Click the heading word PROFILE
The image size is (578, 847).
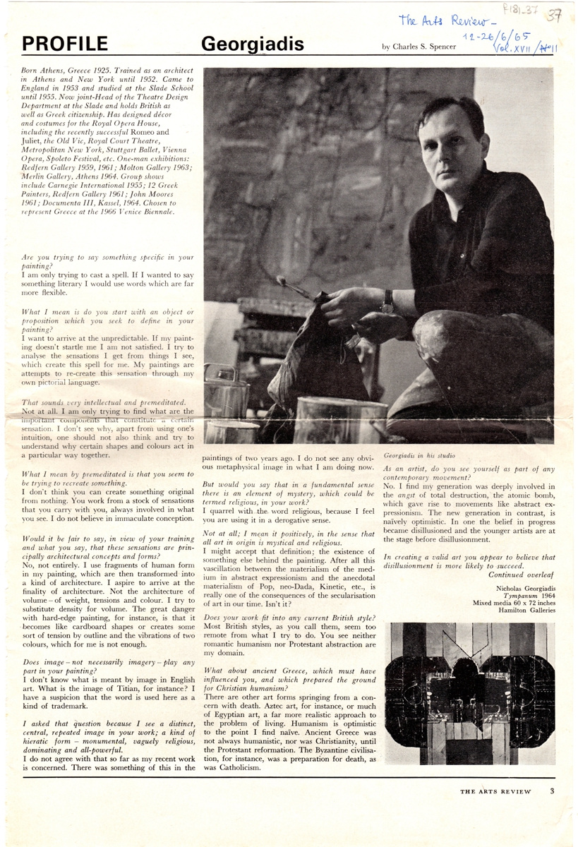[x=65, y=44]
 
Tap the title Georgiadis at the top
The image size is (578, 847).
[x=253, y=44]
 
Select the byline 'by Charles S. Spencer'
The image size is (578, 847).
[x=423, y=47]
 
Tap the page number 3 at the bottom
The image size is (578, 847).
[x=553, y=791]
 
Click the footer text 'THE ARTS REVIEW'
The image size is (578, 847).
[x=495, y=792]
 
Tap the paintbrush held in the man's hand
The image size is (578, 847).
[x=298, y=289]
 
